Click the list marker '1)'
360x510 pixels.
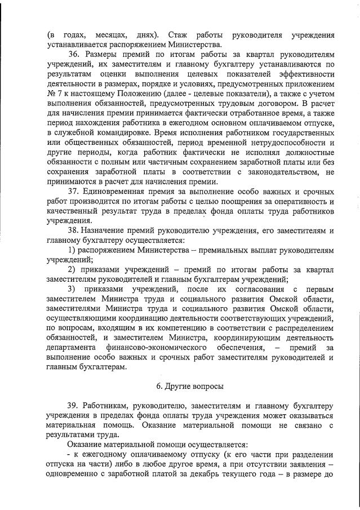(x=72, y=250)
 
